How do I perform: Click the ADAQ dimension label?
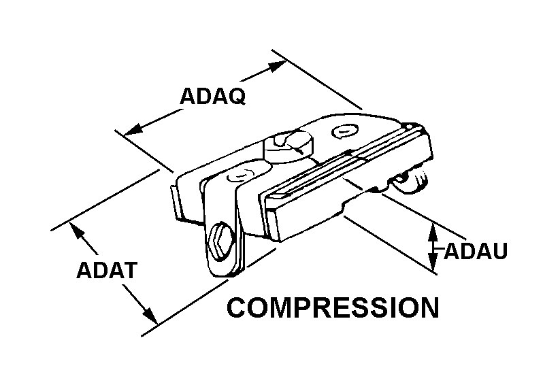click(x=212, y=96)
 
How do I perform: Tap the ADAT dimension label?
click(x=108, y=270)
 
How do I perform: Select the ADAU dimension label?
click(x=476, y=251)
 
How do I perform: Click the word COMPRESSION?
click(x=333, y=307)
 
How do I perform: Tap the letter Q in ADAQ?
click(x=235, y=96)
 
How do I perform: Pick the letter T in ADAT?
click(x=130, y=270)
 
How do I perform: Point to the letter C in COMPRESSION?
click(x=237, y=307)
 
